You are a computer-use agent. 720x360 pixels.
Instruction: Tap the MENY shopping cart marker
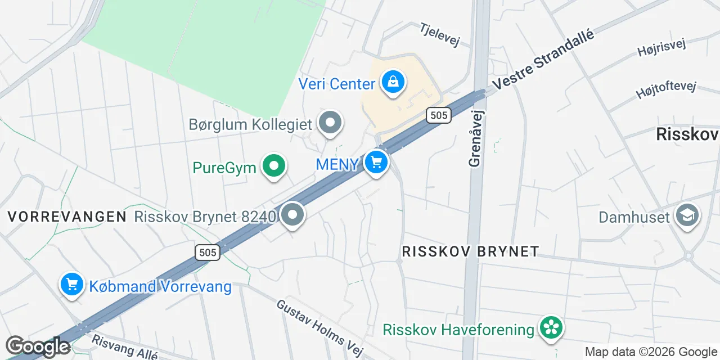click(x=376, y=163)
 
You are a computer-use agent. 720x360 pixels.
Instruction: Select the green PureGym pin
click(x=273, y=166)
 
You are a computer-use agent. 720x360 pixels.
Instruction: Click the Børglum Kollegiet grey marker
click(x=330, y=123)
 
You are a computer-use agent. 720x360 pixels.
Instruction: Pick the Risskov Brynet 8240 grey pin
click(x=292, y=215)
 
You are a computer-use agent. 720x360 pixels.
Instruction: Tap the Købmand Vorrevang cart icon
click(x=71, y=285)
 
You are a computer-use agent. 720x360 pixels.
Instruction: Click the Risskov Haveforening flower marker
click(x=551, y=328)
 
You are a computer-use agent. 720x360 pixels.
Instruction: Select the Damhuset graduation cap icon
click(x=687, y=216)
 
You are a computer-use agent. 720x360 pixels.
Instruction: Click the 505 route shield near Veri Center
click(x=438, y=115)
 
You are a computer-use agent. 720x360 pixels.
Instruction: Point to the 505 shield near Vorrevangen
click(x=208, y=253)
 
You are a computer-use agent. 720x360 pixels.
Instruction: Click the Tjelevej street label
click(x=440, y=34)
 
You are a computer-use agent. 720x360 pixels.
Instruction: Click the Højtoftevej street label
click(x=666, y=89)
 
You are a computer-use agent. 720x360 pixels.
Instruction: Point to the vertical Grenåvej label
click(x=475, y=138)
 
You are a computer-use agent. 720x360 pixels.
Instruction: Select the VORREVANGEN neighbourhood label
click(x=67, y=217)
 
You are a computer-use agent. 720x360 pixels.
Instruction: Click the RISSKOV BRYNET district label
click(x=470, y=251)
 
